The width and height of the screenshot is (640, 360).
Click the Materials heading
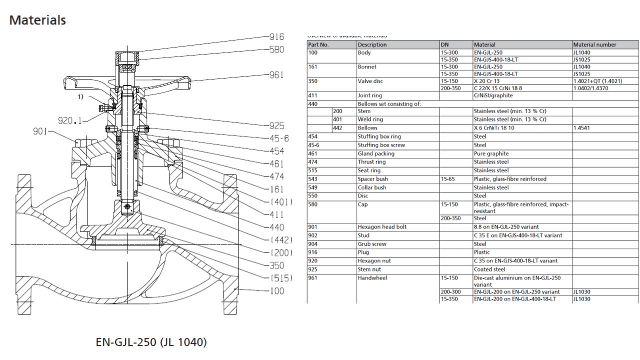(37, 20)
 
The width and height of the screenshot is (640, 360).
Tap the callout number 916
(276, 36)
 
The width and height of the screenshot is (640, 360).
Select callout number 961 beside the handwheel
(276, 75)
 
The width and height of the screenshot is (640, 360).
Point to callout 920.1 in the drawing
(70, 120)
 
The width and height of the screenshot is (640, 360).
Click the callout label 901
(39, 131)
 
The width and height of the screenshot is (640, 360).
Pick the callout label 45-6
(278, 138)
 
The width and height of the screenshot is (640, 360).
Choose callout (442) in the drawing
(281, 240)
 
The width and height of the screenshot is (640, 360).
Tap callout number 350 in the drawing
(276, 265)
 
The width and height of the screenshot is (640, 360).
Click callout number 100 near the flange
(276, 291)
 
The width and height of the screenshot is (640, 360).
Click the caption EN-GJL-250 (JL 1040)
(151, 342)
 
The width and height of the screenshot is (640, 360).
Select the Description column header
(372, 44)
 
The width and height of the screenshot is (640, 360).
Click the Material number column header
(594, 44)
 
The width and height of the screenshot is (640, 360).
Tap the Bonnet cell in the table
(367, 66)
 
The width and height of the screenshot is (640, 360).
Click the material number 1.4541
(582, 128)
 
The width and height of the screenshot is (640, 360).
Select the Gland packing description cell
(376, 153)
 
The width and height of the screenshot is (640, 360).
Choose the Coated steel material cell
(490, 269)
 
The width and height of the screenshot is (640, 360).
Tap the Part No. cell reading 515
(312, 170)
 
